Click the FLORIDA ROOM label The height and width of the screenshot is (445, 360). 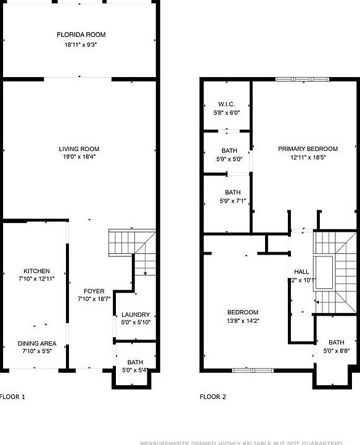78,35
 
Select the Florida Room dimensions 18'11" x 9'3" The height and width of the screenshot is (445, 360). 78,44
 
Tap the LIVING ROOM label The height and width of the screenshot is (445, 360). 79,149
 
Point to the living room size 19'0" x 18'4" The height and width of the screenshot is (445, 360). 79,157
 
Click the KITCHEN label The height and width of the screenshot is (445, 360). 36,271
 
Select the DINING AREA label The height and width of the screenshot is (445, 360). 36,343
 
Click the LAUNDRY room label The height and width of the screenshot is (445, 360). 135,314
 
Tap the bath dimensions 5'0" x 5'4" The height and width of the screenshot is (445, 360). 135,370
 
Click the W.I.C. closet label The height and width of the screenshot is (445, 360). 226,104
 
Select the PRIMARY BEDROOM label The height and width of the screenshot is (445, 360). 308,149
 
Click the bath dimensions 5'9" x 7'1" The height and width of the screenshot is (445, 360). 232,200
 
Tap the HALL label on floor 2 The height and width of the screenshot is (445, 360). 301,271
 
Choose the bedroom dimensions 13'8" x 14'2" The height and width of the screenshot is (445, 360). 242,320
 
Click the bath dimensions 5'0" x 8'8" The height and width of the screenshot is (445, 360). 336,351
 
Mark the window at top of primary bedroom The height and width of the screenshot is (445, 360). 302,79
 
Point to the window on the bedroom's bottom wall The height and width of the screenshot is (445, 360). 252,370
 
